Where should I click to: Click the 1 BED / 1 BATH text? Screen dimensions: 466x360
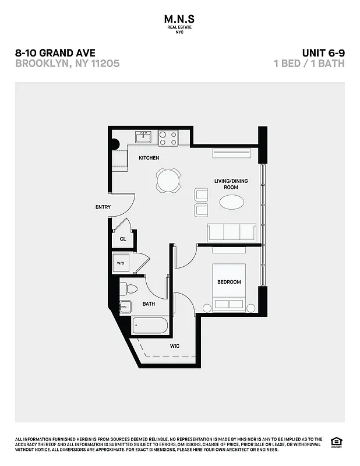pos(309,63)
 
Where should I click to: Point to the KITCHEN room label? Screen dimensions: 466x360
pos(149,158)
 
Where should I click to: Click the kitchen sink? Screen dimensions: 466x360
pos(143,137)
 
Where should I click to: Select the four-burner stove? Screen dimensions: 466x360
pos(168,137)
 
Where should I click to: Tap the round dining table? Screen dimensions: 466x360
pos(168,180)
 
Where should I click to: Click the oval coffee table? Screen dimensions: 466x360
pos(231,202)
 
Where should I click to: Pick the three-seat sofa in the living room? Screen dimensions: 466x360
pos(232,232)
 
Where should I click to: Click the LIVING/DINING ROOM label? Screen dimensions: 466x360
pos(231,184)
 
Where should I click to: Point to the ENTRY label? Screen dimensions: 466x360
pos(103,207)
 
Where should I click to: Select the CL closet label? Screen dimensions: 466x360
pos(123,239)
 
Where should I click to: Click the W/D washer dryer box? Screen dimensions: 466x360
pos(121,263)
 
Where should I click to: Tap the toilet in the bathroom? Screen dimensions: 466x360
pos(130,288)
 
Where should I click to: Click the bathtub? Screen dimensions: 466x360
pos(150,324)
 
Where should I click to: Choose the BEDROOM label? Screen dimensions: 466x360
pos(229,283)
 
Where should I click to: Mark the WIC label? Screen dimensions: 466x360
pos(175,346)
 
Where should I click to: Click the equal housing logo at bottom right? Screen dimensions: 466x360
pos(336,441)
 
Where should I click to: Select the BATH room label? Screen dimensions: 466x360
pos(149,304)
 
